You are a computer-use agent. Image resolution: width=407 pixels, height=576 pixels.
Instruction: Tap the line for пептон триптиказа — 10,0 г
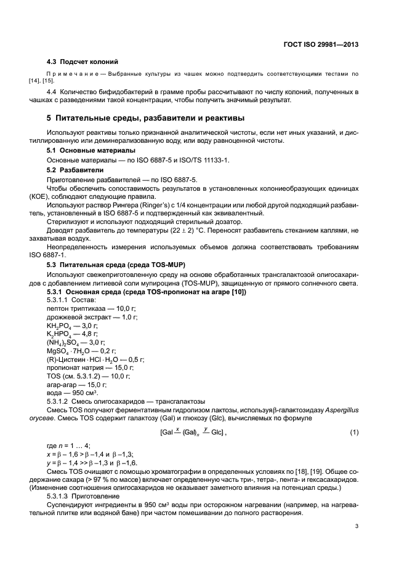pos(94,308)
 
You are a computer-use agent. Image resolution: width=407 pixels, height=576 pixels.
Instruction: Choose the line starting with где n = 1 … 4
pos(69,445)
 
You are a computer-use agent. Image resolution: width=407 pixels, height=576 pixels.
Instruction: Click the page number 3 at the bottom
pos(357,527)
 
